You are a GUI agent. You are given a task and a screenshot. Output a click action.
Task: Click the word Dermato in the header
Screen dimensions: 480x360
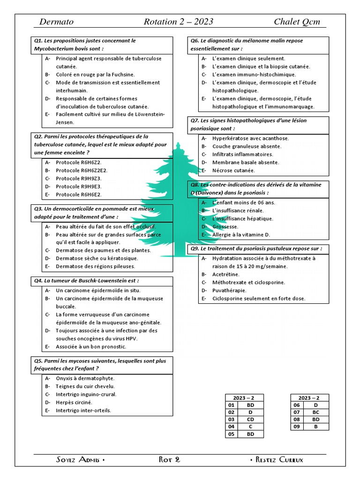coord(56,22)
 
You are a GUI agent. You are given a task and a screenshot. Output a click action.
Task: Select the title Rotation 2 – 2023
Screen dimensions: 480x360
coord(178,22)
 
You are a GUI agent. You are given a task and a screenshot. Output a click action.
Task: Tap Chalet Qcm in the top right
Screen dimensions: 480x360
coord(297,22)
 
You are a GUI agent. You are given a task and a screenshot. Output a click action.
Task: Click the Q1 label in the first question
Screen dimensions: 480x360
coord(38,41)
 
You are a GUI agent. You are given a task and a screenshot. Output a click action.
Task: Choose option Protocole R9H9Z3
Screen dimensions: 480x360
coord(78,179)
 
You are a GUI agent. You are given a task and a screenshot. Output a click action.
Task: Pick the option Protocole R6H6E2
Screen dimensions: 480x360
coord(78,195)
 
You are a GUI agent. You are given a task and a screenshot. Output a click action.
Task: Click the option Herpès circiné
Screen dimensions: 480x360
coord(74,402)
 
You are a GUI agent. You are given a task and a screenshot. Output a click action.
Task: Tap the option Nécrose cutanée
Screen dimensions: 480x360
coord(233,171)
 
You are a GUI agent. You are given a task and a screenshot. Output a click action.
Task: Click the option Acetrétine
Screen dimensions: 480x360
coord(225,274)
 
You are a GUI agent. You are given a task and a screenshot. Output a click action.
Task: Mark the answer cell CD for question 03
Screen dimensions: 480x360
coord(250,419)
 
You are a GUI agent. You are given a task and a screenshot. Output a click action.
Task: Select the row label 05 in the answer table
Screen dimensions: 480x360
coord(231,434)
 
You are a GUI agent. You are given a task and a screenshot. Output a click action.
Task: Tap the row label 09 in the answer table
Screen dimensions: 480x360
coord(297,427)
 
